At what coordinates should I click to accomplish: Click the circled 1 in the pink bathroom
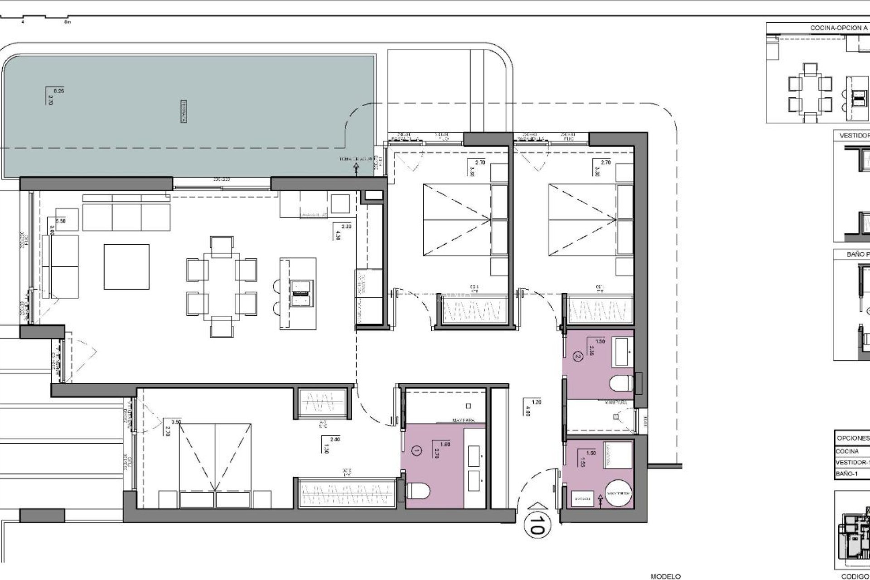point(416,450)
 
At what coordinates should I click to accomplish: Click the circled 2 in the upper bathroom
point(577,356)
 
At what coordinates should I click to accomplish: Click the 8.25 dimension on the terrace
point(59,91)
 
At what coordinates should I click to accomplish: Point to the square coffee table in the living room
point(126,266)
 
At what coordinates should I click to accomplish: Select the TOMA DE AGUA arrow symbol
point(356,169)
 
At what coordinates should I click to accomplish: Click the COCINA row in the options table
point(847,451)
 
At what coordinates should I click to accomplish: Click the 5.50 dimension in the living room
point(60,222)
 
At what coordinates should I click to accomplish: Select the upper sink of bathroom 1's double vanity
point(474,453)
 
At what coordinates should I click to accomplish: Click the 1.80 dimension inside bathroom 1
point(445,444)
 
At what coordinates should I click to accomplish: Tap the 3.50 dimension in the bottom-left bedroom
point(176,421)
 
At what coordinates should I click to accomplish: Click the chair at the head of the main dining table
point(222,244)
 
